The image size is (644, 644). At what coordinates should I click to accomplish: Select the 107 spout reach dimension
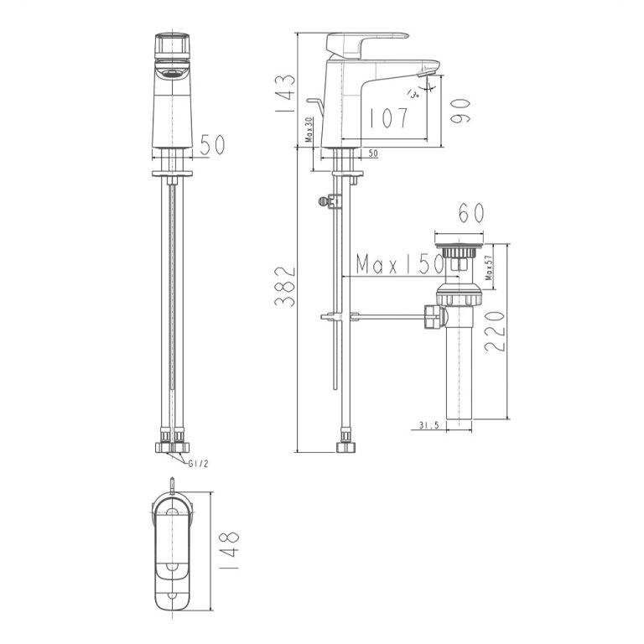(x=387, y=117)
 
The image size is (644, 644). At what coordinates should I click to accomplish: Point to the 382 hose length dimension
(x=286, y=287)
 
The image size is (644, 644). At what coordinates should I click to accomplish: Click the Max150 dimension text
(x=399, y=265)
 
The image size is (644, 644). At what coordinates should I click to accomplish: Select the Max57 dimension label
(x=487, y=267)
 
